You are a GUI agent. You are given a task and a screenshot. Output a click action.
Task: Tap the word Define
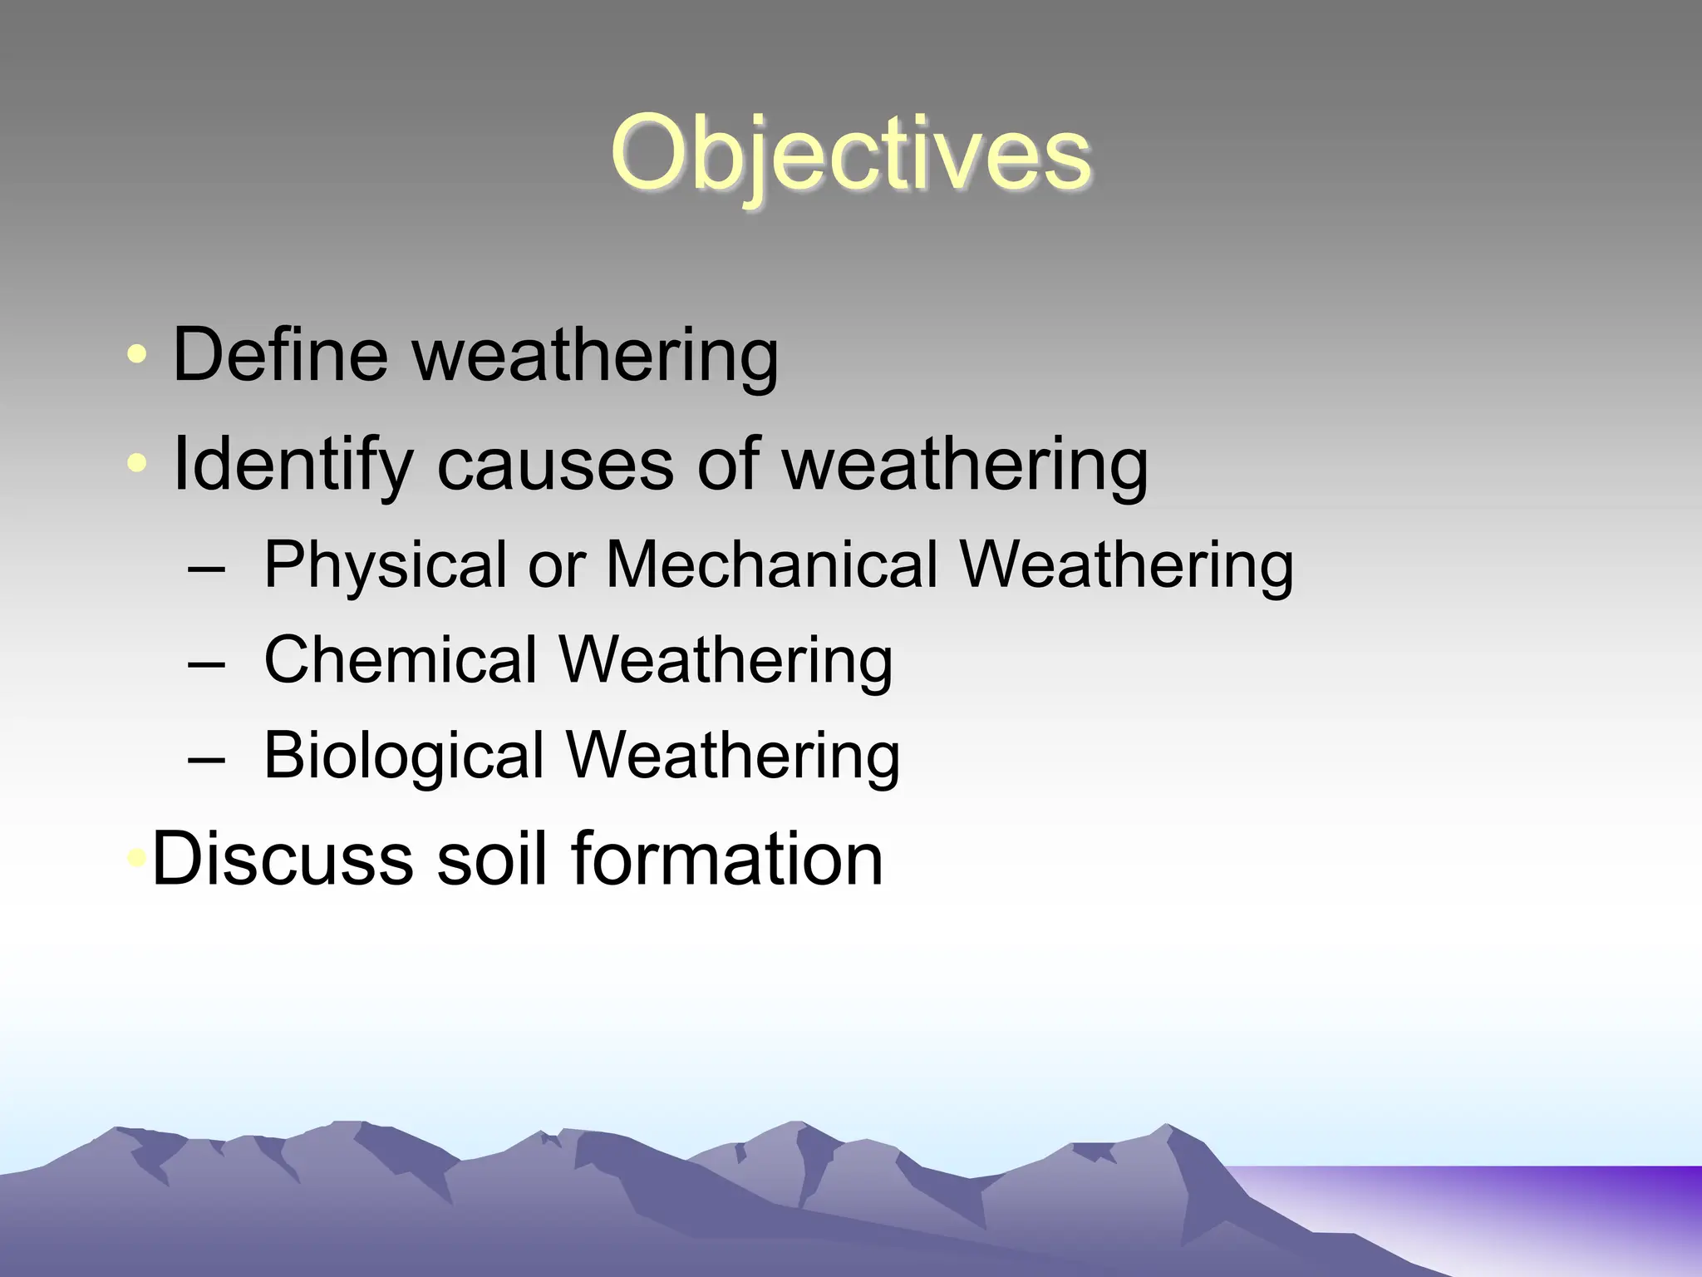pyautogui.click(x=280, y=355)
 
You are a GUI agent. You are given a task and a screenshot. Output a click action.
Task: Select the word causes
pyautogui.click(x=554, y=465)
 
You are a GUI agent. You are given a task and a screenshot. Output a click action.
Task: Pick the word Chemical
pyautogui.click(x=400, y=661)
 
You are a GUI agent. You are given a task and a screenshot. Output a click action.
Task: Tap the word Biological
pyautogui.click(x=403, y=756)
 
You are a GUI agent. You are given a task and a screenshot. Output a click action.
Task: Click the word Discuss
pyautogui.click(x=283, y=859)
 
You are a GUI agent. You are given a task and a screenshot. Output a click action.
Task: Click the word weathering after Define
pyautogui.click(x=595, y=355)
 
